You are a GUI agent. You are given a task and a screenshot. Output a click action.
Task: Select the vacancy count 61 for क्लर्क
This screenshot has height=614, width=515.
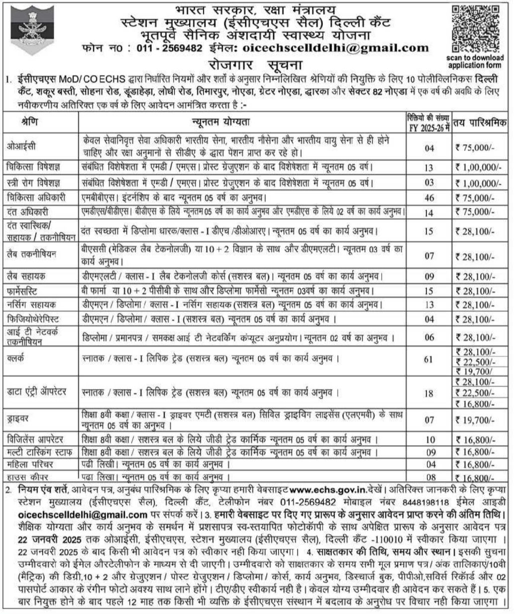[x=429, y=358]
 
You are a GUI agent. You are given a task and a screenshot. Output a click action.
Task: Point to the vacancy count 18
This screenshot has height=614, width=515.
[x=429, y=393]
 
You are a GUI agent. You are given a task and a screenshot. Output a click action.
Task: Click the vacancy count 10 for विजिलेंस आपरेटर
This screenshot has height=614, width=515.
[x=429, y=439]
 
